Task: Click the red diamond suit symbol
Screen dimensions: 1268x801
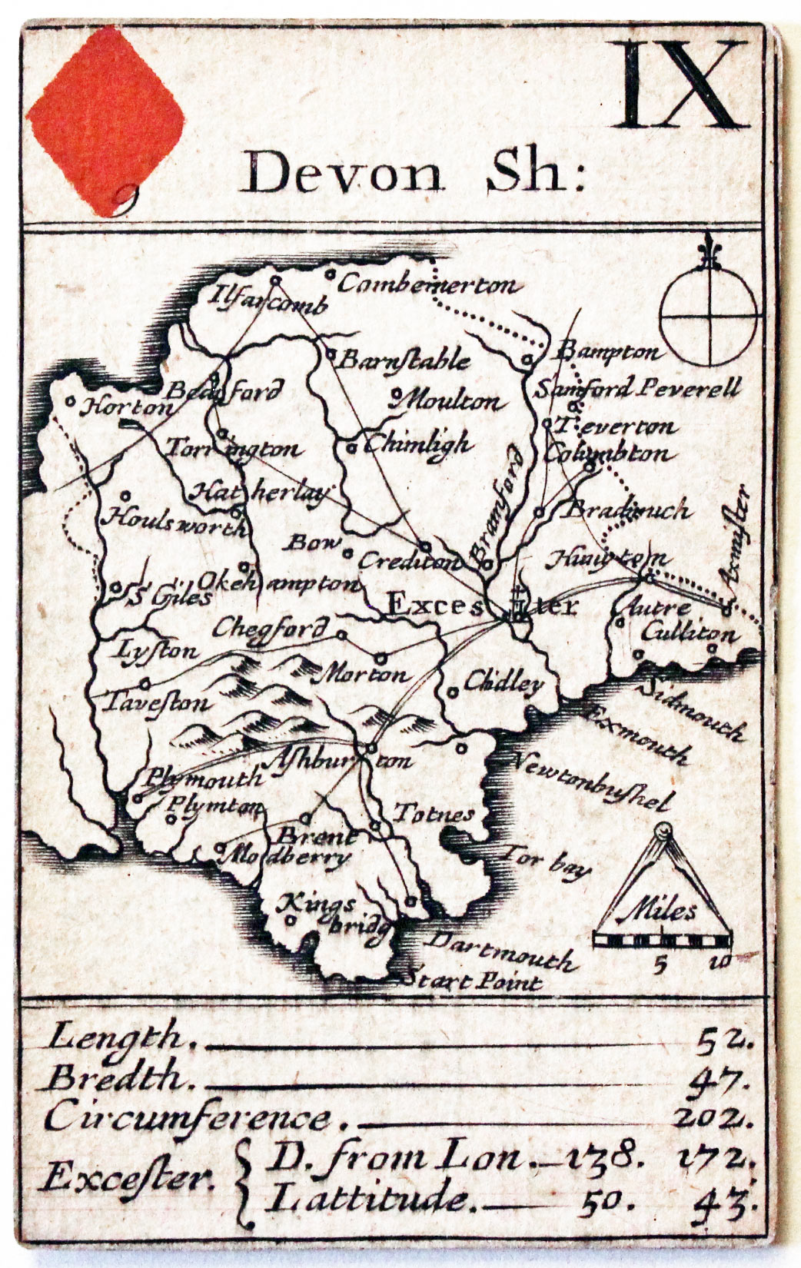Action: point(106,119)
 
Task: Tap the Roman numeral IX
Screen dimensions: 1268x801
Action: point(680,86)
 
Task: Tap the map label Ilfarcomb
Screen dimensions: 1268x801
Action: point(270,302)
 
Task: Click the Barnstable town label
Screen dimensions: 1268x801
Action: point(404,360)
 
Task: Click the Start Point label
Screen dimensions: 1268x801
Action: point(474,981)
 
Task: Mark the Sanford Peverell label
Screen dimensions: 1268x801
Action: point(639,388)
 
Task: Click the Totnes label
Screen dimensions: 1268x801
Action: point(433,814)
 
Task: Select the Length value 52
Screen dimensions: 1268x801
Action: point(723,1039)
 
